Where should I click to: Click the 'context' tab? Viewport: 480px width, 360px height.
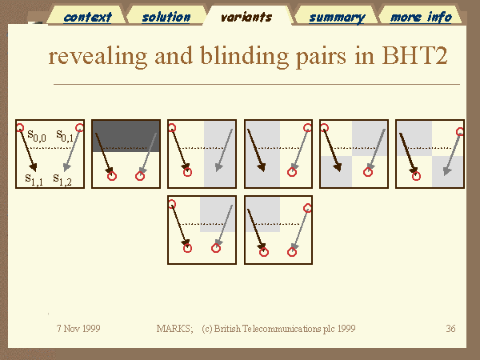point(87,17)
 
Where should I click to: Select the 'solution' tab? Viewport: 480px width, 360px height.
point(166,17)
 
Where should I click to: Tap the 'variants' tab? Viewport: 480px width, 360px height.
point(246,17)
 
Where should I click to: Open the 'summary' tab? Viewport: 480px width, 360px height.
point(337,18)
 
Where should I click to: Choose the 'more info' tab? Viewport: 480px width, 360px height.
point(422,17)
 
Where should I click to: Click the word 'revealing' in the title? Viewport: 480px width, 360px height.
point(98,56)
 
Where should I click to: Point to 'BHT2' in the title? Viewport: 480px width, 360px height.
point(414,55)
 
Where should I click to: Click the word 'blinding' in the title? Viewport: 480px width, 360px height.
point(245,56)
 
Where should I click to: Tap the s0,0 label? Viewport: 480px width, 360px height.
point(37,135)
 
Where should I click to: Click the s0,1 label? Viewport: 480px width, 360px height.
point(65,135)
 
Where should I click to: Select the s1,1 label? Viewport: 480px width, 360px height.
point(34,179)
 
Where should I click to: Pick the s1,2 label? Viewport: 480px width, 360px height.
point(62,179)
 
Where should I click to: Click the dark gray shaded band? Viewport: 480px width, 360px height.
point(126,136)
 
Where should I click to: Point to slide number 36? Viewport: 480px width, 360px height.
point(450,329)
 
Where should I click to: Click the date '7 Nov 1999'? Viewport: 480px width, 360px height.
point(78,329)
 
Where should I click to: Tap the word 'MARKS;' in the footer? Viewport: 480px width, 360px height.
point(174,329)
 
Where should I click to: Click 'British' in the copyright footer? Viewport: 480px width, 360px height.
point(227,329)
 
